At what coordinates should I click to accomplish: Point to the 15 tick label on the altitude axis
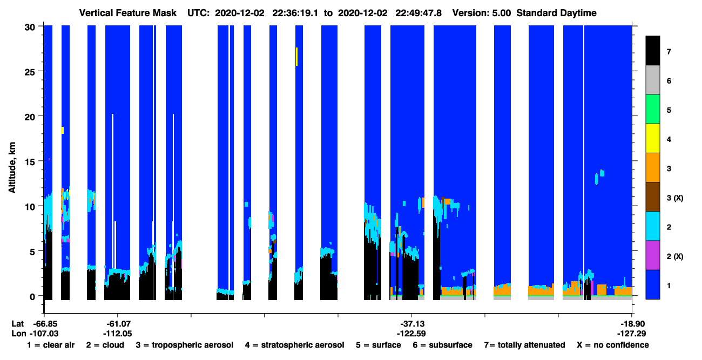(x=30, y=162)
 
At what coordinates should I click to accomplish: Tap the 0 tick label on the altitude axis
(x=32, y=297)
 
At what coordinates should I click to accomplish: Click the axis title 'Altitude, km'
(x=12, y=167)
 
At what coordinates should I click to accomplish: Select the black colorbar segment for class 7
(x=652, y=50)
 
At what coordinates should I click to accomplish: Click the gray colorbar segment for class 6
(x=652, y=80)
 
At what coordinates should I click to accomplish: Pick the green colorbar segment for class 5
(x=652, y=109)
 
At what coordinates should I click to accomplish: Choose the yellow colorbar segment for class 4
(x=652, y=138)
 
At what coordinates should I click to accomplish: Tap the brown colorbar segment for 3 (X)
(x=652, y=197)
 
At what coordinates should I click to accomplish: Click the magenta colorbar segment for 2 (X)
(x=652, y=255)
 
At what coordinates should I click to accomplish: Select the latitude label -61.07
(x=118, y=324)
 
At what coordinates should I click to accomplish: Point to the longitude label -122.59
(x=411, y=334)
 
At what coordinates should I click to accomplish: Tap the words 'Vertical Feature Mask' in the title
(x=128, y=13)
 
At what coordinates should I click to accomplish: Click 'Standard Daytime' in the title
(x=556, y=13)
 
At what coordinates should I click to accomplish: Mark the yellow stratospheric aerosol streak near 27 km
(x=297, y=57)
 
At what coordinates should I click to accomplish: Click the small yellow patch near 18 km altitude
(x=62, y=130)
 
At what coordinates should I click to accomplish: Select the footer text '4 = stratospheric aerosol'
(x=295, y=345)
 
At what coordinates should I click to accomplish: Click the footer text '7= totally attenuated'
(x=525, y=345)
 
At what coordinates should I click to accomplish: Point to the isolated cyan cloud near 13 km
(x=602, y=173)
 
